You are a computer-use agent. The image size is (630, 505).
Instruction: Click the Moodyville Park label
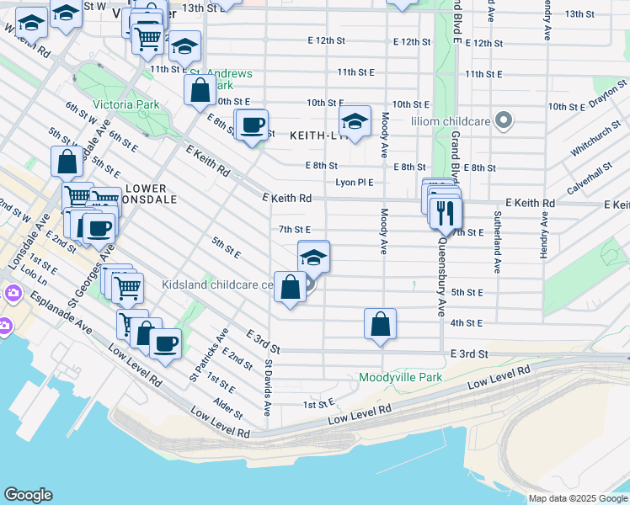pos(400,378)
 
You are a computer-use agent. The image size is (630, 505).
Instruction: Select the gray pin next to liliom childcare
pos(504,121)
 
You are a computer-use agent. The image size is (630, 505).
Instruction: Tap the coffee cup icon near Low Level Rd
pos(165,343)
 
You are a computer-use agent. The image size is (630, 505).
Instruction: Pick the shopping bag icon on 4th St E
pos(380,323)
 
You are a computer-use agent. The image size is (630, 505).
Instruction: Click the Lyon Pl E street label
pos(354,182)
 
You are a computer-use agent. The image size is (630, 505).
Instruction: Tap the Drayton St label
pos(609,95)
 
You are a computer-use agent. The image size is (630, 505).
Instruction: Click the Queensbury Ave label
pos(440,277)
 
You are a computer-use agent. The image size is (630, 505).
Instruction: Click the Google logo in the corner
pos(29,495)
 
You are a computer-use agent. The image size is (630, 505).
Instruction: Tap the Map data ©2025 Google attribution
pos(577,498)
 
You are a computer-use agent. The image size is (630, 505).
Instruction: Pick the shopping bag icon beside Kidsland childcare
pos(290,287)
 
